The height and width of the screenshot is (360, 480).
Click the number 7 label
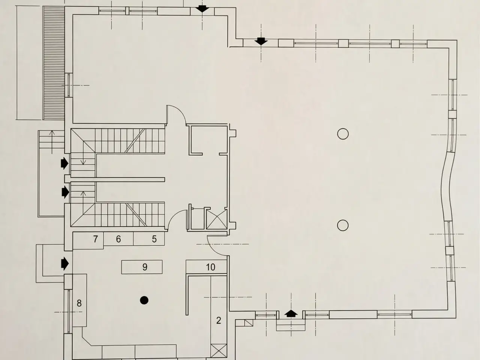pos(95,239)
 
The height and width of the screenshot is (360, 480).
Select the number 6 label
pos(118,239)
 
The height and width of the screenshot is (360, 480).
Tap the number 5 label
pos(154,239)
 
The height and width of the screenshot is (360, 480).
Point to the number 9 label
pos(145,267)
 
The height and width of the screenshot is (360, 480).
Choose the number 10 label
pos(210,267)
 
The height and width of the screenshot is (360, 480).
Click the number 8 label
pos(79,303)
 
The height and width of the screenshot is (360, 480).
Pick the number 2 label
pos(219,320)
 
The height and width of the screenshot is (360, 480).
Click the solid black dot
pos(144,300)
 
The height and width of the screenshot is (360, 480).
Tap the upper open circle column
pos(343,134)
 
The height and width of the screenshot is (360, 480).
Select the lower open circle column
pos(343,225)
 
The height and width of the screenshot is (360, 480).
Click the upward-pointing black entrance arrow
pos(291,313)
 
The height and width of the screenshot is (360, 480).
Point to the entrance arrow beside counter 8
pos(65,263)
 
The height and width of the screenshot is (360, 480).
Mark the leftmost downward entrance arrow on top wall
pos(202,9)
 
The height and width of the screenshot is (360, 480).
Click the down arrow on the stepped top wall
pos(261,41)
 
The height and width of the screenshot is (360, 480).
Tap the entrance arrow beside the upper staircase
pos(65,163)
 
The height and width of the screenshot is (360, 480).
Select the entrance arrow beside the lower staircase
pos(65,192)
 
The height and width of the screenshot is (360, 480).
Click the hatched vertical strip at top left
pos(54,63)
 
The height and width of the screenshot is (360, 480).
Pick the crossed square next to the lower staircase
pos(217,219)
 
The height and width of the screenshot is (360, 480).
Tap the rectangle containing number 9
pos(142,267)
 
